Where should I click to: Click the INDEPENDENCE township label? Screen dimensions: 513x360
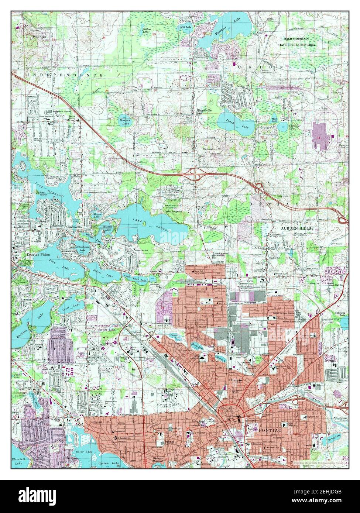coord(66,75)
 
